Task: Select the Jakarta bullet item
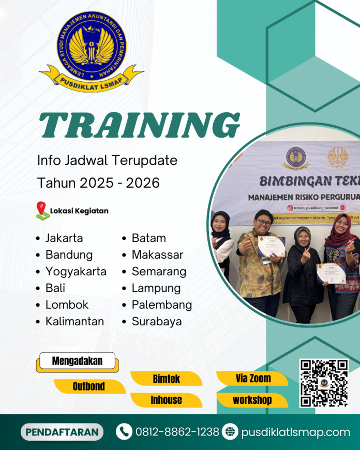coord(64,238)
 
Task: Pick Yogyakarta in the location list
coord(76,272)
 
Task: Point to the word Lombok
coord(67,305)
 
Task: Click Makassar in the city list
coord(157,255)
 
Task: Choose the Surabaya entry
coord(157,321)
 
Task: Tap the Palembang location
coord(161,305)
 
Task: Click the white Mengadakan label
coord(77,361)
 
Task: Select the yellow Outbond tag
coord(89,386)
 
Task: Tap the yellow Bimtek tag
coord(166,379)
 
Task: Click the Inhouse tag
coord(166,400)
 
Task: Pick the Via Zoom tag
coord(252,379)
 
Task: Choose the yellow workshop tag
coord(252,400)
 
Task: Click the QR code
coord(324,383)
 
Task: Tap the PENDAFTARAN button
coord(62,432)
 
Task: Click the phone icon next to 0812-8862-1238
coord(124,432)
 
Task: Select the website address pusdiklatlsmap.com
coord(295,432)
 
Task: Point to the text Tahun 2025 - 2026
coord(98,183)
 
